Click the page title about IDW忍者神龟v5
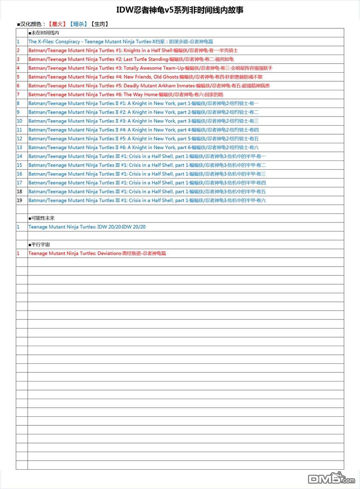click(180, 10)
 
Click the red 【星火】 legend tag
click(57, 24)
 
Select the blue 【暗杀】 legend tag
click(78, 24)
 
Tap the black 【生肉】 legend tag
click(100, 24)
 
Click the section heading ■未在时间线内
click(44, 33)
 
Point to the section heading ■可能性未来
click(42, 218)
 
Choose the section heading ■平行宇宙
click(39, 244)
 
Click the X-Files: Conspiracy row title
click(121, 42)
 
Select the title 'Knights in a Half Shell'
click(133, 51)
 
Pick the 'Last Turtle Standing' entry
click(131, 59)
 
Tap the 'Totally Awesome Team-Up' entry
click(150, 68)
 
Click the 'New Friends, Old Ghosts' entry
click(145, 77)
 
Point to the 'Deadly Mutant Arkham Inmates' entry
click(149, 86)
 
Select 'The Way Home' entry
click(126, 95)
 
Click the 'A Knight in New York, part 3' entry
click(143, 121)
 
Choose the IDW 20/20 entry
click(87, 227)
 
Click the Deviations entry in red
click(97, 253)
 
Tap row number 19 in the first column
click(20, 201)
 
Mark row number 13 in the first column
click(20, 148)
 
